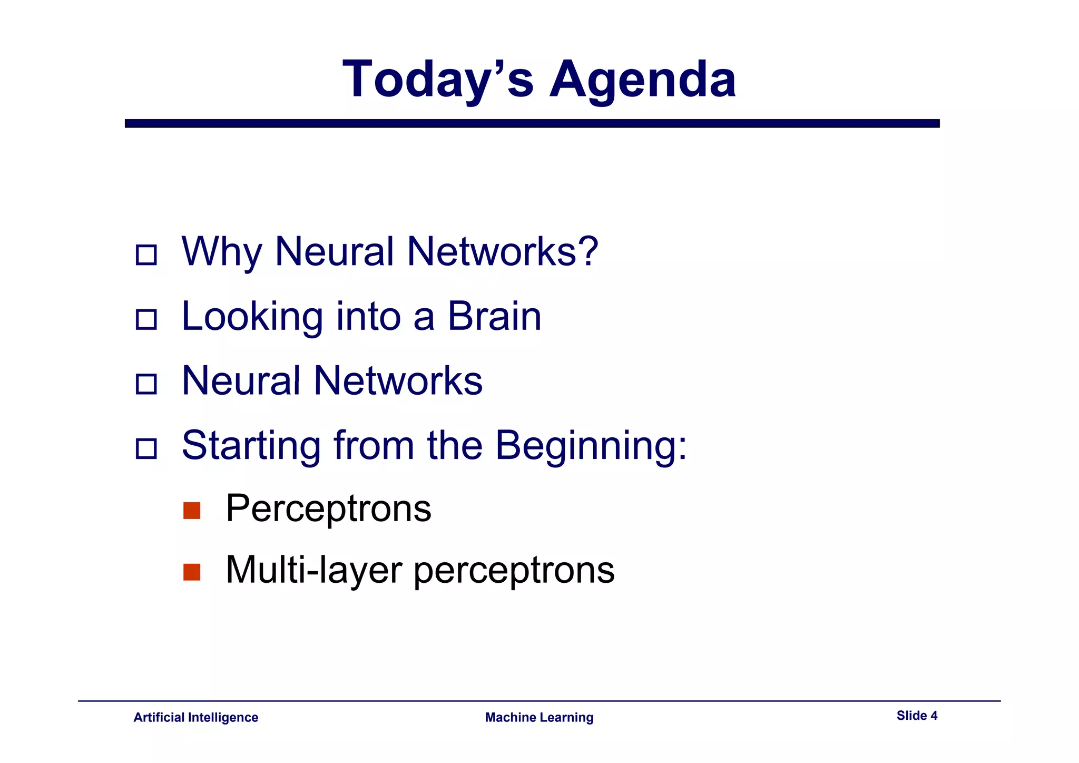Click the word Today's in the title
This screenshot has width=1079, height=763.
pos(437,79)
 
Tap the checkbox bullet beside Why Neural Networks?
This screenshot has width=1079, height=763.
pos(146,255)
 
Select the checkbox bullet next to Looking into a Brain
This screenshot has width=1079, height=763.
pos(146,319)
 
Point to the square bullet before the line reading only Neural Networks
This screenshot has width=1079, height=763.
pos(146,384)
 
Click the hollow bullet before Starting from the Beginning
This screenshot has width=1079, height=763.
pos(146,449)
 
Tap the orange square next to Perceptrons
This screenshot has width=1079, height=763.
pos(192,511)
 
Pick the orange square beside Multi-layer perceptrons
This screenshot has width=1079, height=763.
pos(192,572)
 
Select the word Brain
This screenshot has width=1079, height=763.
pos(494,316)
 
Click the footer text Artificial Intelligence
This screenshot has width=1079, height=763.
pos(195,717)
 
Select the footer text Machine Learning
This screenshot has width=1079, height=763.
pos(539,717)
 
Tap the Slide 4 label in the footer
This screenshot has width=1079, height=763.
pos(917,716)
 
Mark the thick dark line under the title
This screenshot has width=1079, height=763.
pos(532,123)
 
